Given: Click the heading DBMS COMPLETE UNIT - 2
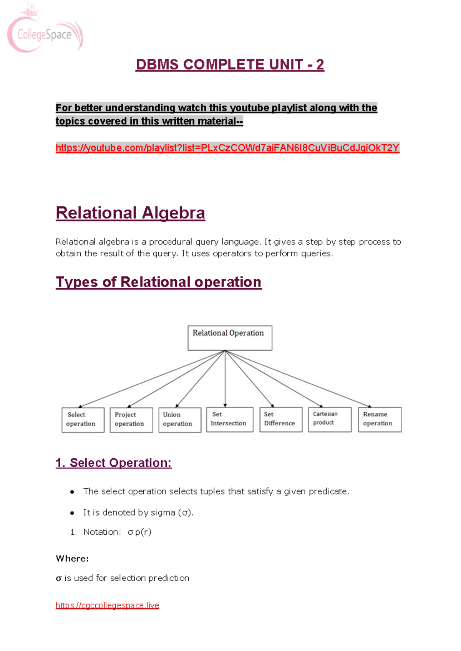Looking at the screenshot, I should tap(230, 64).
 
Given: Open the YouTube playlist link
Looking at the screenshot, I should tap(227, 148).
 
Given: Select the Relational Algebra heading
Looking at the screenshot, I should tap(130, 213).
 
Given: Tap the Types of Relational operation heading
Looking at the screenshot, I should tap(159, 282).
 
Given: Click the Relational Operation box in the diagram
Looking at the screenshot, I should tap(230, 338).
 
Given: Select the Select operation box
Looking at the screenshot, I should tap(83, 420).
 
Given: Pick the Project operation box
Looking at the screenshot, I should tap(131, 420).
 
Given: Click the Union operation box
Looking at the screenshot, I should tap(179, 420).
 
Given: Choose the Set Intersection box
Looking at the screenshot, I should tap(230, 419).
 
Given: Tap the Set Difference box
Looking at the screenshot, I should tap(281, 419).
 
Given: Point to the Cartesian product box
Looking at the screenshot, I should tap(330, 419).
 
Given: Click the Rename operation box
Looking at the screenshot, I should tap(380, 419).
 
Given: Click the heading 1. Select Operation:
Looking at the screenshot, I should tap(114, 463).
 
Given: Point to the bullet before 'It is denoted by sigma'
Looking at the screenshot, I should tap(72, 513).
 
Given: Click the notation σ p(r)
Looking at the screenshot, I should tap(139, 532).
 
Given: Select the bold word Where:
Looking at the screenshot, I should tap(72, 559).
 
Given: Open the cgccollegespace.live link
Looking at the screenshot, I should tap(107, 605).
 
